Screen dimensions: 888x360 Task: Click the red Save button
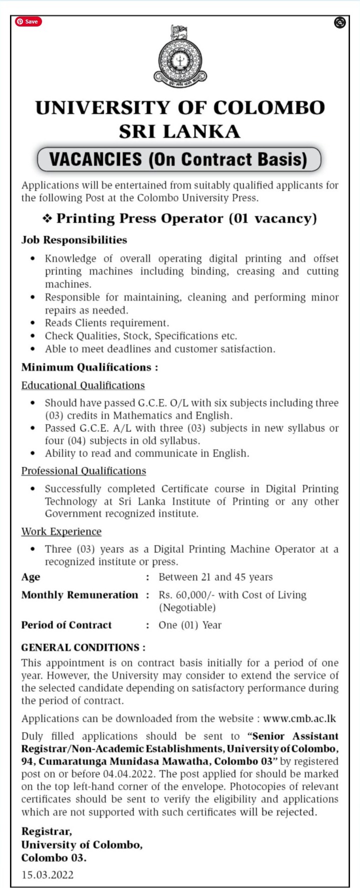[28, 21]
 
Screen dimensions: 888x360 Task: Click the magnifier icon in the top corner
[340, 22]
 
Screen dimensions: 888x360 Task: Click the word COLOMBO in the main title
[269, 108]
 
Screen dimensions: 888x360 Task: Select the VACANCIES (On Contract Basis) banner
[179, 159]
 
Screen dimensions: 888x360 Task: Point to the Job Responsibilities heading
[74, 240]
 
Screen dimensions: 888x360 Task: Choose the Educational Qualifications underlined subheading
[83, 385]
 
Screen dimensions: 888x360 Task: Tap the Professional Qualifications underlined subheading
[83, 471]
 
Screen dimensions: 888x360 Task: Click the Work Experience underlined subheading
[61, 531]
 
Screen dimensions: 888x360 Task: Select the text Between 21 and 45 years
[215, 577]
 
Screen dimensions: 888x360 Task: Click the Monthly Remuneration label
[79, 595]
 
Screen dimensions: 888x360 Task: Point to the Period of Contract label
[66, 625]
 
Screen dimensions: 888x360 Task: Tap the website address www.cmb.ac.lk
[299, 718]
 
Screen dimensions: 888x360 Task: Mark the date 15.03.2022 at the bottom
[47, 874]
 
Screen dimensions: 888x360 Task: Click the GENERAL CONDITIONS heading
[83, 647]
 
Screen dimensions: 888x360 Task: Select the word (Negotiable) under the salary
[187, 607]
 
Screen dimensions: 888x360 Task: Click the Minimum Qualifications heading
[89, 367]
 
